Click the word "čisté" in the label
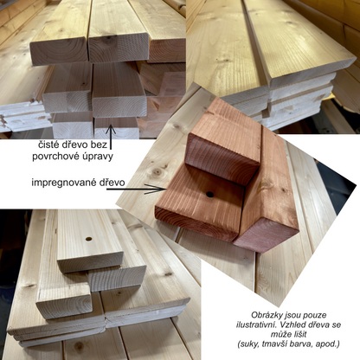tap(48, 145)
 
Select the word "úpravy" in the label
tap(98, 157)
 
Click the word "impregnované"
tap(62, 183)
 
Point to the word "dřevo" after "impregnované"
tap(111, 183)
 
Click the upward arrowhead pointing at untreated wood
tap(111, 129)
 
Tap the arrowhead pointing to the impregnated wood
tap(158, 190)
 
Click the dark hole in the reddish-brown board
tap(210, 195)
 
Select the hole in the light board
tap(88, 239)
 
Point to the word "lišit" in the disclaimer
tap(299, 334)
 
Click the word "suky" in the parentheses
tap(247, 344)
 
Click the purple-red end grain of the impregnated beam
tap(266, 235)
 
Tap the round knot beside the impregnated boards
tap(157, 172)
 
